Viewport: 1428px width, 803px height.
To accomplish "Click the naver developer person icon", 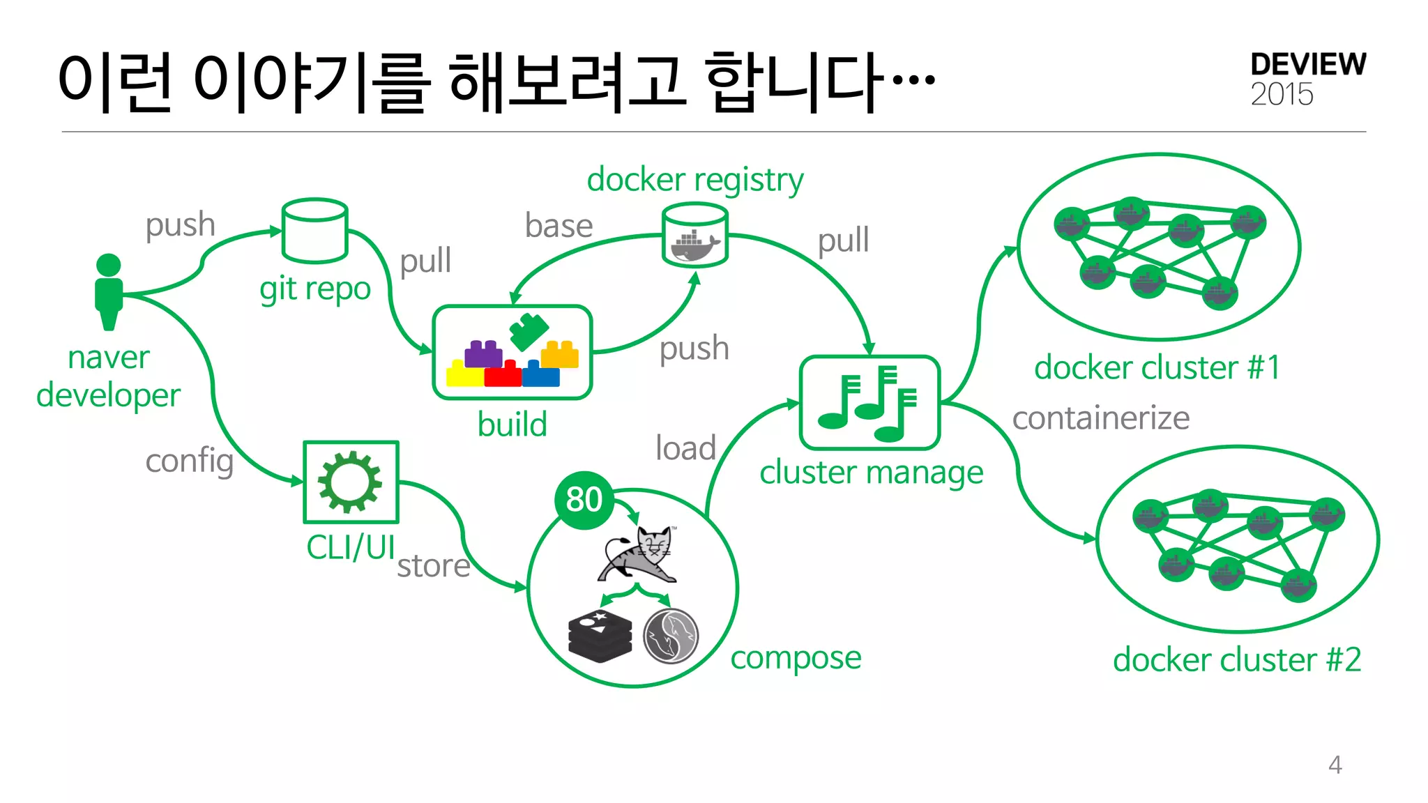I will point(109,291).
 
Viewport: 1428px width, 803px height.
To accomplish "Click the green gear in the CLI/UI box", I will point(350,482).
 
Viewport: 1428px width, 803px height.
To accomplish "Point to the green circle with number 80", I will point(584,499).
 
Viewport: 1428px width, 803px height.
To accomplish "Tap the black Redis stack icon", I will point(600,635).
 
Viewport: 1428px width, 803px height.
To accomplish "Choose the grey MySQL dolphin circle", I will point(671,635).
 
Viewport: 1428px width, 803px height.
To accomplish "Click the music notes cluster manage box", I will point(869,403).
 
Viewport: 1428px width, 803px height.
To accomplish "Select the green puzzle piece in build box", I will point(529,330).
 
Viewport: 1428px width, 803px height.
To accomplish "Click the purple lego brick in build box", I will point(483,354).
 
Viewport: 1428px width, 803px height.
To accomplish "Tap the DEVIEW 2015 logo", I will point(1307,79).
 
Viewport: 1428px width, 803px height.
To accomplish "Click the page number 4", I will point(1335,765).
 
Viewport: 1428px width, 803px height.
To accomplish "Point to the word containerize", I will point(1100,418).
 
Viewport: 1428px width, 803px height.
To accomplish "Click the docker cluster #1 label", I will point(1157,367).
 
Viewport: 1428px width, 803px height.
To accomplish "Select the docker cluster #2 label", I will point(1236,659).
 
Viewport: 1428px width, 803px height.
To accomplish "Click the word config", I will point(189,461).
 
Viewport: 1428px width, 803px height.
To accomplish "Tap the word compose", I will point(796,657).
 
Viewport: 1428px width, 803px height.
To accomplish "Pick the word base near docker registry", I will point(559,226).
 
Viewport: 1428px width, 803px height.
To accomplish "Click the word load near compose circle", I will point(685,448).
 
